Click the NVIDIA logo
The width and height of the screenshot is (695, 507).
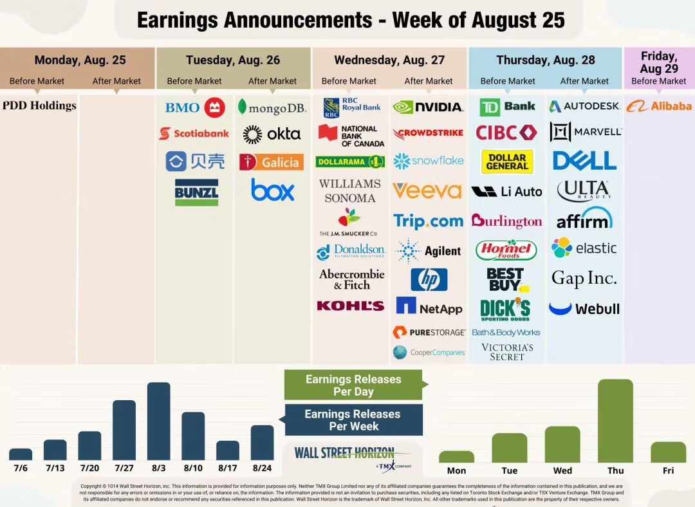428,107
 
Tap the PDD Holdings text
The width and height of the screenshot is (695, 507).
39,106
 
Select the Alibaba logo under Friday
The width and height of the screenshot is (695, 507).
659,106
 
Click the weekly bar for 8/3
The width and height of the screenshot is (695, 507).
159,421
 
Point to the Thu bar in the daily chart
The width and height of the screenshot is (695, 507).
615,421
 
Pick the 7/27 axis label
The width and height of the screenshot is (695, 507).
124,468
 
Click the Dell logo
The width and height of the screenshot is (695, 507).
584,160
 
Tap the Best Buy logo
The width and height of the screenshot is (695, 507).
507,280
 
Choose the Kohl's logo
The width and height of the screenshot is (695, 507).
350,306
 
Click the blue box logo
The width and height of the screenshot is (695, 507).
272,190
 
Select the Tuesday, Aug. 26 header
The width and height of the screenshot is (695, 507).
233,60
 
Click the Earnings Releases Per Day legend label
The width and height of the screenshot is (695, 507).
353,385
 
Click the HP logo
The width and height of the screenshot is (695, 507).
429,280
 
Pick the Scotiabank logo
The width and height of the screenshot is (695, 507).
194,134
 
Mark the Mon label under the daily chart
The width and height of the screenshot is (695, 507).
456,470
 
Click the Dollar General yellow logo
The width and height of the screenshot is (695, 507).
507,161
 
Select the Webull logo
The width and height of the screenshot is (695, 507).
584,309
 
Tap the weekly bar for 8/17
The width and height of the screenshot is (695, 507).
228,450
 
